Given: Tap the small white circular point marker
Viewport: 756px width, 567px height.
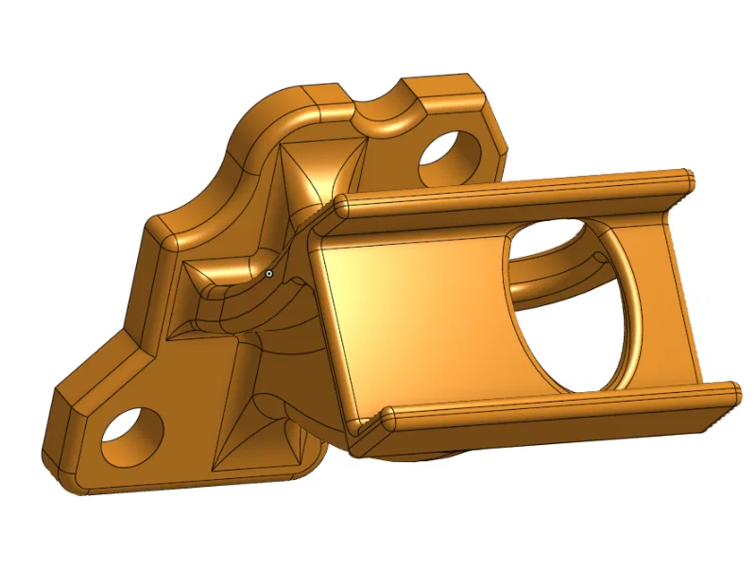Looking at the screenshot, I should tap(269, 273).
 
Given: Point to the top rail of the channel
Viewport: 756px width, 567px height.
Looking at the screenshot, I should tap(510, 195).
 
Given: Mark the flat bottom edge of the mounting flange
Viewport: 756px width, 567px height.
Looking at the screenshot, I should tap(189, 488).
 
